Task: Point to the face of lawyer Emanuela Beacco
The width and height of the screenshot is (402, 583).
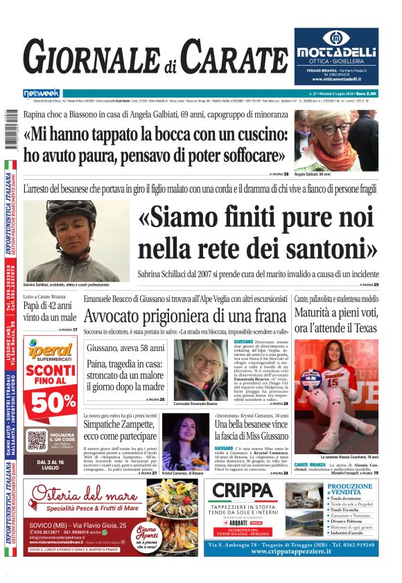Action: click(200, 364)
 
